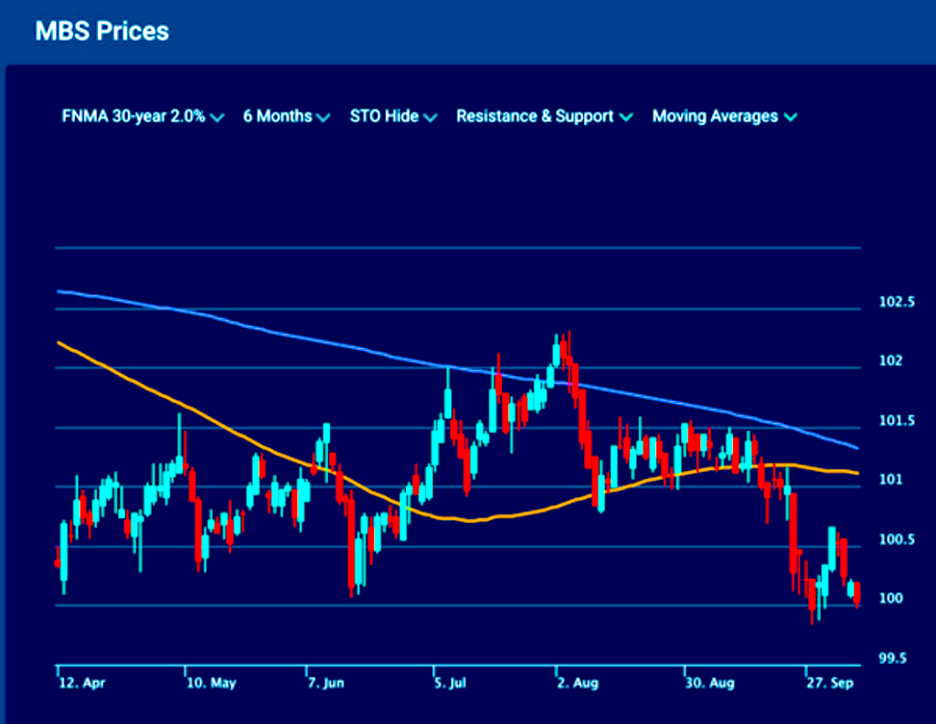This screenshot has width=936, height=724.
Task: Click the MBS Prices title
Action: (101, 30)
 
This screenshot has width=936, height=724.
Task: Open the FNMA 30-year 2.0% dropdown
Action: (143, 117)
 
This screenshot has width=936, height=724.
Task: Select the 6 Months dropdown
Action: (286, 117)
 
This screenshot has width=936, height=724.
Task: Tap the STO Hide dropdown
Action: (393, 117)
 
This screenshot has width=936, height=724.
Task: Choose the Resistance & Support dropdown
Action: (544, 117)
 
